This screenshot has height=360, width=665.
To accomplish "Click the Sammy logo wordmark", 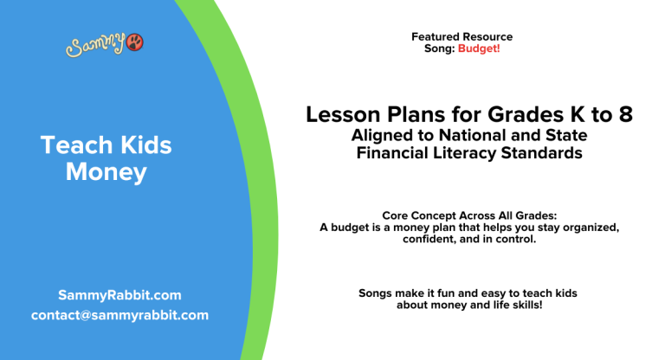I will point(95,45).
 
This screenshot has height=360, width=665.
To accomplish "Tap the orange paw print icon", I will point(135,43).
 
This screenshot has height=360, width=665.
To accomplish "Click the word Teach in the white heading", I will point(72,145).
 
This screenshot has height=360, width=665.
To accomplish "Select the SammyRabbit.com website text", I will point(119,295).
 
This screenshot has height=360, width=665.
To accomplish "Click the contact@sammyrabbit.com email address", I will point(119,315).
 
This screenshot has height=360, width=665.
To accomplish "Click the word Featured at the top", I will point(436,37).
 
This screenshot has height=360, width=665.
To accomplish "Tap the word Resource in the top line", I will point(487,37).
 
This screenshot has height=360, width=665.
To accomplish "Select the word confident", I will point(430,239).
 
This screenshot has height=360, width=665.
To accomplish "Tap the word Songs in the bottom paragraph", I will point(375,293).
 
